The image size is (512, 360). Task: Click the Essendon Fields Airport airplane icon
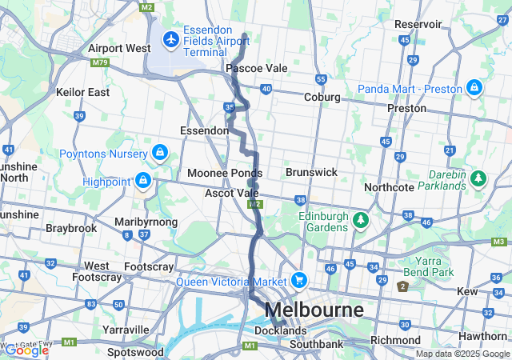(x=170, y=38)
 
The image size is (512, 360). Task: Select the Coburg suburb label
(x=322, y=98)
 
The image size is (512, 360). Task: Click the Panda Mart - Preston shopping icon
(x=474, y=86)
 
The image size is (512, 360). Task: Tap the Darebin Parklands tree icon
(x=478, y=177)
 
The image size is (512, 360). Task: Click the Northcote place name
(x=389, y=187)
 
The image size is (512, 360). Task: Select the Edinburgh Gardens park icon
(x=361, y=218)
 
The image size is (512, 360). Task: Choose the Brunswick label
(x=311, y=172)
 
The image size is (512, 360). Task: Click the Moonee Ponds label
(x=225, y=173)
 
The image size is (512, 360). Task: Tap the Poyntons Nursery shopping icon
(x=160, y=152)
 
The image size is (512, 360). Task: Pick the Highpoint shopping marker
(x=143, y=181)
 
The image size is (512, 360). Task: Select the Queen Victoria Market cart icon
(x=299, y=281)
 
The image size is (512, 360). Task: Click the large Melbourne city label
(x=314, y=310)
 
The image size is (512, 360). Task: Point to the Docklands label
(x=280, y=330)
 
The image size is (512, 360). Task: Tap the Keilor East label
(x=82, y=92)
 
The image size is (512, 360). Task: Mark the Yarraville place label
(x=126, y=330)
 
